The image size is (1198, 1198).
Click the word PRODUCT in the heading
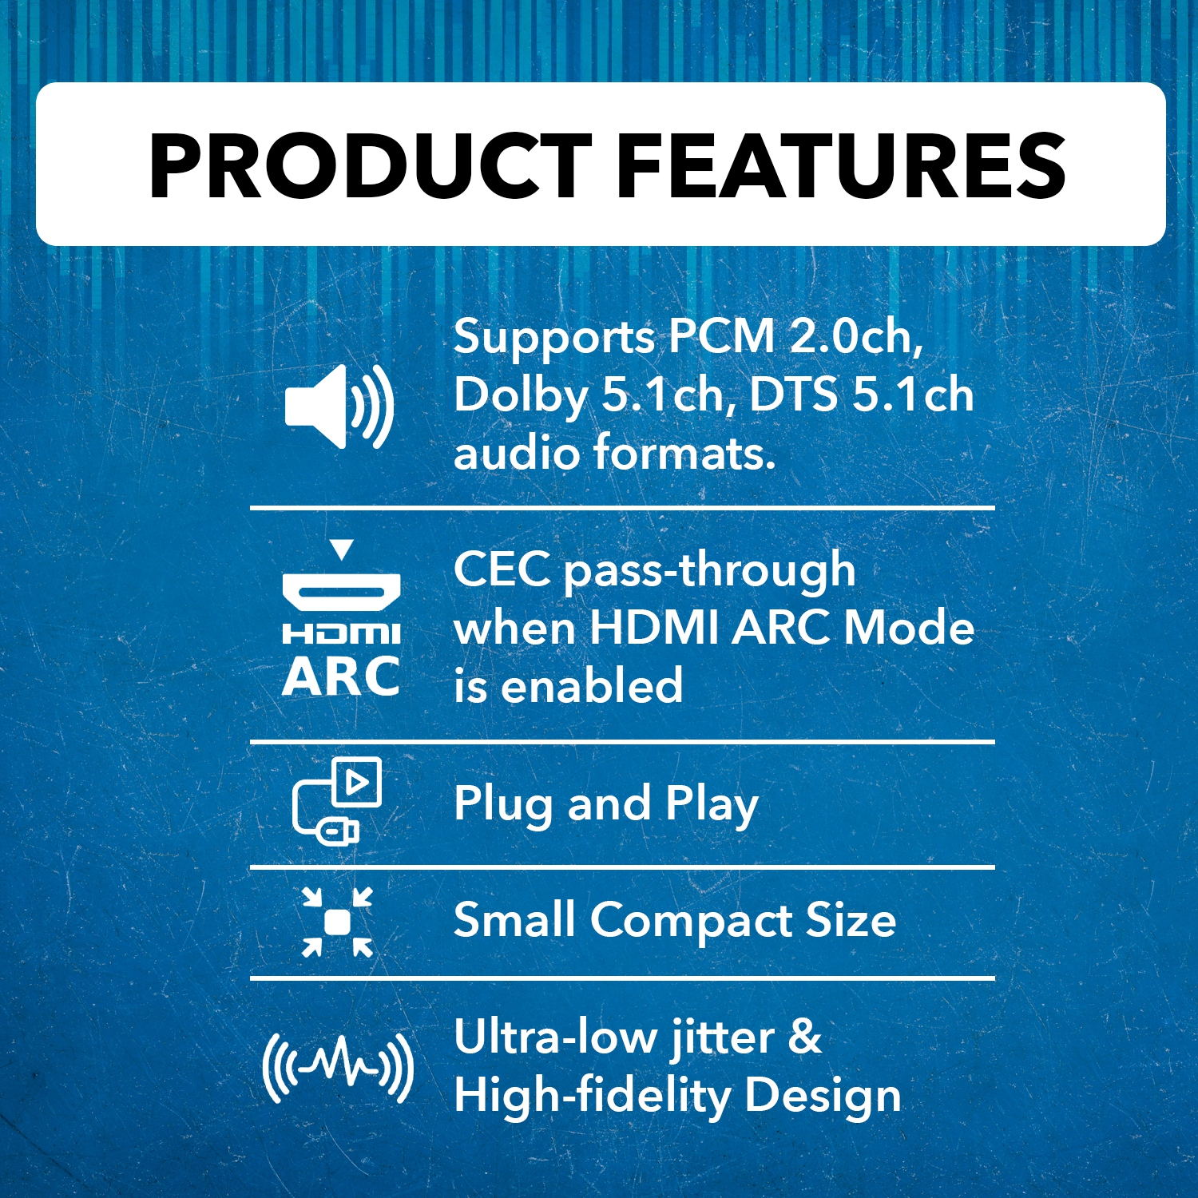(x=369, y=166)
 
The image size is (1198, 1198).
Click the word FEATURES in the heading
(x=841, y=166)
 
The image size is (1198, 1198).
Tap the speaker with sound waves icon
(x=339, y=406)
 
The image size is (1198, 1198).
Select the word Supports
(x=553, y=338)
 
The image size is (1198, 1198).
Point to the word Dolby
(x=521, y=395)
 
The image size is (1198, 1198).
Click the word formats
(x=684, y=453)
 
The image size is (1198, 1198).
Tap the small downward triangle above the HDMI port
(x=341, y=549)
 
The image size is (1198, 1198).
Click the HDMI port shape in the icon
(x=341, y=593)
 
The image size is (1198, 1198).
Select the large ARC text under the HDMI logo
(x=341, y=677)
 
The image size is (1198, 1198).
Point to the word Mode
(x=909, y=627)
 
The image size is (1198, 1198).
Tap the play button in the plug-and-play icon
(x=357, y=782)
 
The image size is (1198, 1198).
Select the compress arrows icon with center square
(x=337, y=922)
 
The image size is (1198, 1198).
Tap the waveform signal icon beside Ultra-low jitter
(x=337, y=1067)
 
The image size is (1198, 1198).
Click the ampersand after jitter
(x=804, y=1037)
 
